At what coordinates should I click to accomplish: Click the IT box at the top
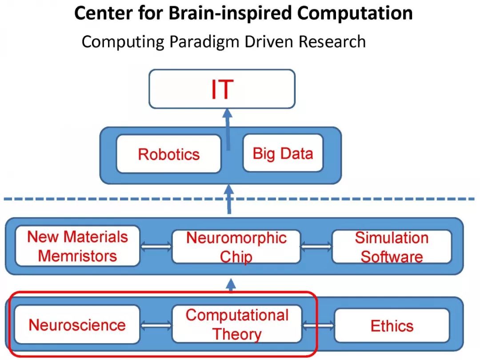pyautogui.click(x=222, y=89)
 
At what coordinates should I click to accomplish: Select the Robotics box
pyautogui.click(x=168, y=154)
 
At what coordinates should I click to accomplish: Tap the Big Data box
pyautogui.click(x=283, y=153)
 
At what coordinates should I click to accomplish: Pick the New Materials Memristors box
pyautogui.click(x=77, y=246)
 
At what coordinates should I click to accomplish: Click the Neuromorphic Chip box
pyautogui.click(x=236, y=247)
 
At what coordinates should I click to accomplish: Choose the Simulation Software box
pyautogui.click(x=392, y=247)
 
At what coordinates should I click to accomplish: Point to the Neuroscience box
pyautogui.click(x=77, y=324)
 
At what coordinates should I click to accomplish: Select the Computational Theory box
pyautogui.click(x=236, y=324)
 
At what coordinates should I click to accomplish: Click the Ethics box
pyautogui.click(x=392, y=325)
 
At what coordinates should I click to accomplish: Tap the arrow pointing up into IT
pyautogui.click(x=228, y=129)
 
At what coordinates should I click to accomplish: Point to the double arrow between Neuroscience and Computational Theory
pyautogui.click(x=156, y=325)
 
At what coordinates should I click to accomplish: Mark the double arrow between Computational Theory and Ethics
pyautogui.click(x=318, y=326)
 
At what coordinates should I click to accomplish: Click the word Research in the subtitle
pyautogui.click(x=332, y=42)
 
